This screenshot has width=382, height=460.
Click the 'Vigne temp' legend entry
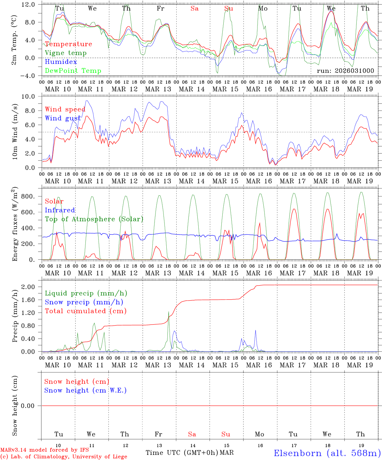pyautogui.click(x=66, y=53)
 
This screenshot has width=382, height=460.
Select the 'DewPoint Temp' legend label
pyautogui.click(x=73, y=71)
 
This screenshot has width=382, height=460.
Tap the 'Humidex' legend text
pyautogui.click(x=61, y=62)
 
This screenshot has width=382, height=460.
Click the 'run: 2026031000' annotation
pyautogui.click(x=345, y=71)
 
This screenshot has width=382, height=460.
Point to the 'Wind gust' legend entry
pyautogui.click(x=63, y=118)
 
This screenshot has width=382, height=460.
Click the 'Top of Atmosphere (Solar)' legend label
pyautogui.click(x=94, y=219)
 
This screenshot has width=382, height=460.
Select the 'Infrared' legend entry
pyautogui.click(x=60, y=210)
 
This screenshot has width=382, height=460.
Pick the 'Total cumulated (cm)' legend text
pyautogui.click(x=85, y=311)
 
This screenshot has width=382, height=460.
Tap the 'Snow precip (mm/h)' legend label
pyautogui.click(x=84, y=302)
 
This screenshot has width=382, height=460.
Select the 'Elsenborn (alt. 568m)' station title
pyautogui.click(x=327, y=453)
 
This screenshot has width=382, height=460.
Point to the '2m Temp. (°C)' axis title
pyautogui.click(x=14, y=40)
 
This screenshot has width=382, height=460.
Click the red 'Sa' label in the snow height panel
pyautogui.click(x=192, y=434)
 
